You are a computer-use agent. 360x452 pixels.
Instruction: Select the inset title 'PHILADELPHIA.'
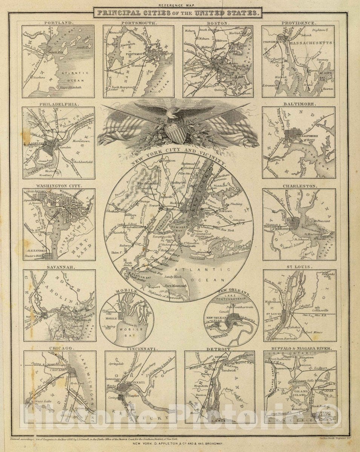pyautogui.click(x=58, y=104)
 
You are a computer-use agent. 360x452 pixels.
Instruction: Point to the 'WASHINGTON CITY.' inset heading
pyautogui.click(x=58, y=186)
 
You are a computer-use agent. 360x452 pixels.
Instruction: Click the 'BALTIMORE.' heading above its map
pyautogui.click(x=299, y=104)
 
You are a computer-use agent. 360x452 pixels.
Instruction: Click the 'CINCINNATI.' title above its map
pyautogui.click(x=140, y=349)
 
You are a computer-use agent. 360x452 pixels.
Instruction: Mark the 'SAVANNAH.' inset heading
pyautogui.click(x=58, y=267)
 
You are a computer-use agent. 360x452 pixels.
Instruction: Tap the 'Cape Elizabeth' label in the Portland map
pyautogui.click(x=69, y=87)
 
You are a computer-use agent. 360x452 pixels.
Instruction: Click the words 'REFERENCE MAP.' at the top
pyautogui.click(x=178, y=6)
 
